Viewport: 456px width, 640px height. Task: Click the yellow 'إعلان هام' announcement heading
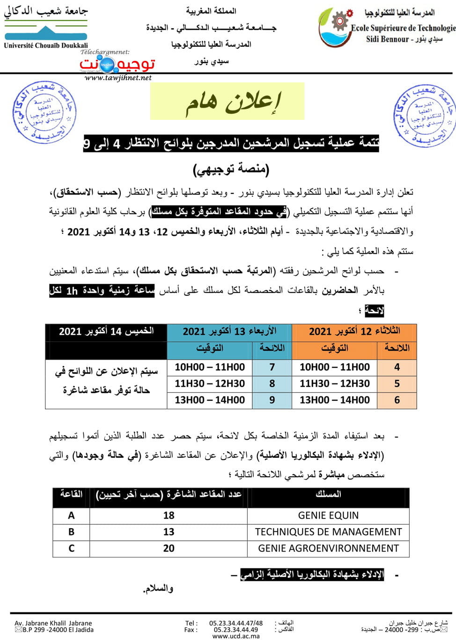click(x=228, y=102)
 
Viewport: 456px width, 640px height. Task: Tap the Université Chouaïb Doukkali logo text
click(x=46, y=45)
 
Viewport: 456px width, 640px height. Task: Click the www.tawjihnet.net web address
click(x=118, y=78)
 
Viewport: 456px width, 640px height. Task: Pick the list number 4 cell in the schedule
click(x=397, y=367)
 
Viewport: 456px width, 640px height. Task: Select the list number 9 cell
click(x=272, y=400)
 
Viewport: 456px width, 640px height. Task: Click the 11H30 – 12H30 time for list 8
click(x=210, y=383)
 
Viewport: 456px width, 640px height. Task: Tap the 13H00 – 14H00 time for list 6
click(x=335, y=400)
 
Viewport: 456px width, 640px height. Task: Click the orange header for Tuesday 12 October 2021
click(x=354, y=331)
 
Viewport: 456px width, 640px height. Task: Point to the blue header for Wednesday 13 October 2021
click(x=229, y=331)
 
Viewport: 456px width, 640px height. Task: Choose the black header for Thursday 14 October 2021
click(x=106, y=331)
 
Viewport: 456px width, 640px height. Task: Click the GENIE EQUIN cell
click(x=328, y=515)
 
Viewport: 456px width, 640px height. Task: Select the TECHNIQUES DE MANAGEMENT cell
click(x=328, y=532)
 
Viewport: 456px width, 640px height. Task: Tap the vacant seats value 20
click(x=169, y=548)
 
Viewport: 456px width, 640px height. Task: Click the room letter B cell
click(x=71, y=532)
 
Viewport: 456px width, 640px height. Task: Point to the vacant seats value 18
click(x=169, y=515)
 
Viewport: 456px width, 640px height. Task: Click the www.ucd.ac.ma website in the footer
click(x=236, y=636)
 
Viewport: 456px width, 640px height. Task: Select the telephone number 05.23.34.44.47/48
click(x=236, y=623)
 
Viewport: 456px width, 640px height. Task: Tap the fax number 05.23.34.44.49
click(x=236, y=630)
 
